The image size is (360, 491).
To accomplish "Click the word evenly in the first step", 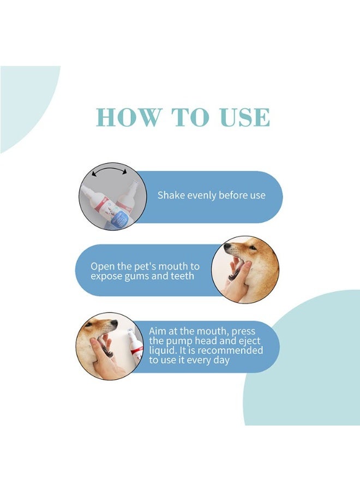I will coord(201,195).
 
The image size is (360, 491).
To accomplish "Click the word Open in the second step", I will coord(102,267).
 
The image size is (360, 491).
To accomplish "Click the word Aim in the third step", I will coord(158,331).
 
